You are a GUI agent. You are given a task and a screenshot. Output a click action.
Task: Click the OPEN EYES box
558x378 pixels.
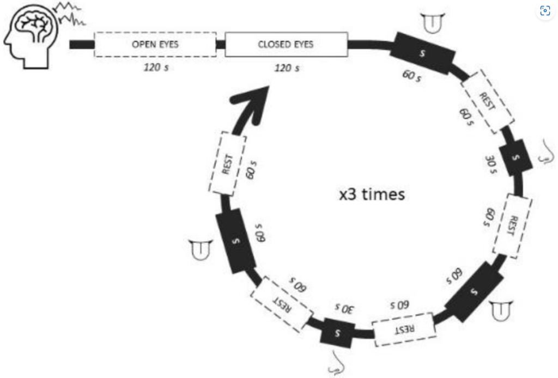(155, 44)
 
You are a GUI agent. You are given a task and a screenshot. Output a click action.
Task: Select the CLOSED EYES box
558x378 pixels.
(286, 44)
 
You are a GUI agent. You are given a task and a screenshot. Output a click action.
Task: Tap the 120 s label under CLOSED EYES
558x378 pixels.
(287, 68)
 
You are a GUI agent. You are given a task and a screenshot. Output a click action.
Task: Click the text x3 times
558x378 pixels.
(372, 194)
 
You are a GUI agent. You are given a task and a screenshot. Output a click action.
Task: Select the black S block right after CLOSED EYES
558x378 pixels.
(423, 53)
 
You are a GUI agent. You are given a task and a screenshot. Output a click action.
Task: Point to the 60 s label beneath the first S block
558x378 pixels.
(412, 76)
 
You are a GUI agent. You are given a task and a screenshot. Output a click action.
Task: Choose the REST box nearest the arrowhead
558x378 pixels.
(227, 163)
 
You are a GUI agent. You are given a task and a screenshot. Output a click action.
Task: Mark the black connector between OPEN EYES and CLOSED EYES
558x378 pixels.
(220, 44)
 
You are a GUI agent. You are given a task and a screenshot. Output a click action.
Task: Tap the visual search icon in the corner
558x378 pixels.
(544, 11)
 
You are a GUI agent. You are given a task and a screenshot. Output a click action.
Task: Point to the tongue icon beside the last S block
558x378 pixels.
(200, 249)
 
